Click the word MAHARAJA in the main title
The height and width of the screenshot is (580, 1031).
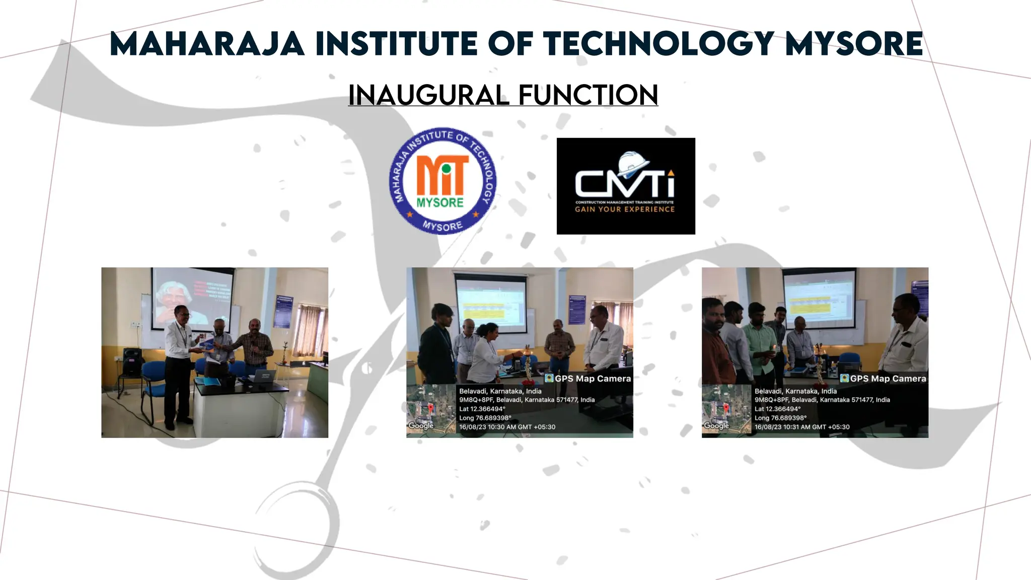tap(207, 44)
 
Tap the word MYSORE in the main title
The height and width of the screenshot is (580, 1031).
tap(854, 44)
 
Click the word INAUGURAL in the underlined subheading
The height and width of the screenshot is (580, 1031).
tap(427, 95)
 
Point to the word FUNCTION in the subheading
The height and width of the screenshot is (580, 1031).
tap(588, 95)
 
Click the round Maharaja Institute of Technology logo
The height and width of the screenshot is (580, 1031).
tap(443, 180)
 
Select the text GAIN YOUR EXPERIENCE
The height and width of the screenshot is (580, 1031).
tap(625, 209)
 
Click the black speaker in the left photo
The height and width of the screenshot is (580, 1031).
tap(132, 361)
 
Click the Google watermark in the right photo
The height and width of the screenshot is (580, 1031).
tap(716, 425)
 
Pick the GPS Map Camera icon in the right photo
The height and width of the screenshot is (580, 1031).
tap(844, 379)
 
